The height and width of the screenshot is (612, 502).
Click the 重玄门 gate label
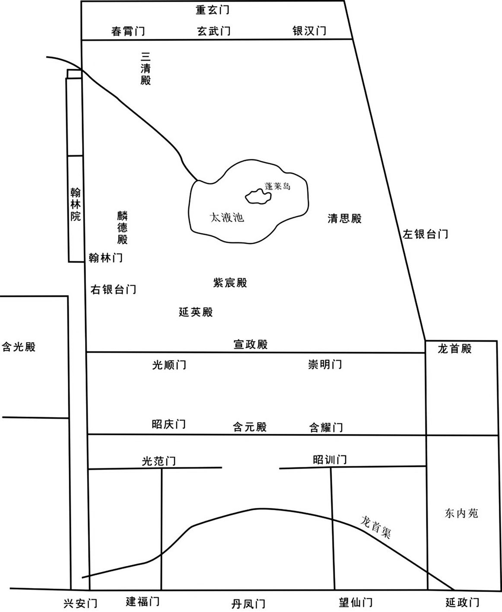click(213, 10)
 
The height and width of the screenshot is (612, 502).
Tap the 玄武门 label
click(214, 31)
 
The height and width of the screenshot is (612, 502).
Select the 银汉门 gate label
click(309, 31)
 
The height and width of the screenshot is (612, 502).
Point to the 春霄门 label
click(128, 31)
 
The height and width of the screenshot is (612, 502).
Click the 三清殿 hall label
click(146, 69)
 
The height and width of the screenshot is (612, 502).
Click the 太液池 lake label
click(227, 218)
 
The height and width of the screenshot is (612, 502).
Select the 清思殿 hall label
click(345, 218)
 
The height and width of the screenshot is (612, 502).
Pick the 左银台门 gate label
click(425, 234)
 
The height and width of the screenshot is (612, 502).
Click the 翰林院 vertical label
click(76, 204)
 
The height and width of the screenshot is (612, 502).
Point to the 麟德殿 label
click(122, 227)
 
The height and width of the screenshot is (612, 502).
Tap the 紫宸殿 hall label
click(230, 283)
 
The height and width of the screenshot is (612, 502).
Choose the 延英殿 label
click(196, 312)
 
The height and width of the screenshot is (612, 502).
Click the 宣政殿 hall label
click(251, 344)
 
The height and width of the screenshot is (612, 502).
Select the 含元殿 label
click(250, 427)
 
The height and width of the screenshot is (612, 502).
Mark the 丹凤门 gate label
click(248, 604)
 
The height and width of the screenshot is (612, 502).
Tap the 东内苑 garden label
click(461, 513)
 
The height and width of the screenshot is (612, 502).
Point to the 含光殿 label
click(19, 347)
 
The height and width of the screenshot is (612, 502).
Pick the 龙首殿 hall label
click(454, 349)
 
